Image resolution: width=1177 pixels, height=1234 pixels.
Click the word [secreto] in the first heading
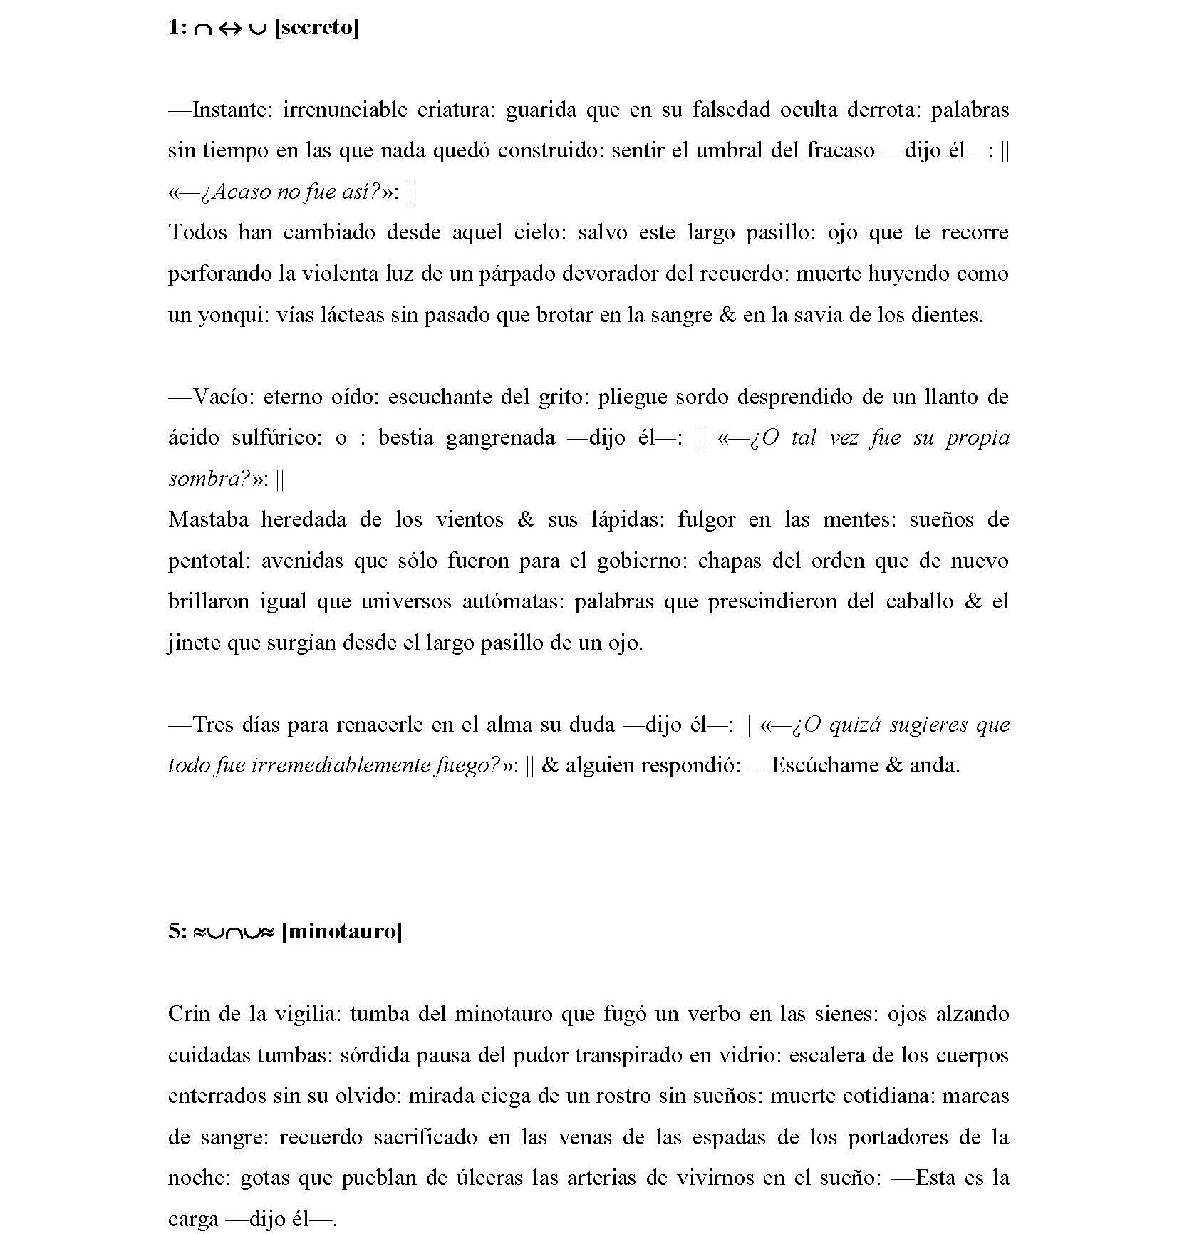pos(316,28)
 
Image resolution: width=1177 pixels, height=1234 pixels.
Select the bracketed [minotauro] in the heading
pos(342,931)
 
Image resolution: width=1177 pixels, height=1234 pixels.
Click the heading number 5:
pos(177,931)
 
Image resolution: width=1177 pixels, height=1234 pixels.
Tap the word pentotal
pos(207,560)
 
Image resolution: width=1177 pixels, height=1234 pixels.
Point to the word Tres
pos(214,725)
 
